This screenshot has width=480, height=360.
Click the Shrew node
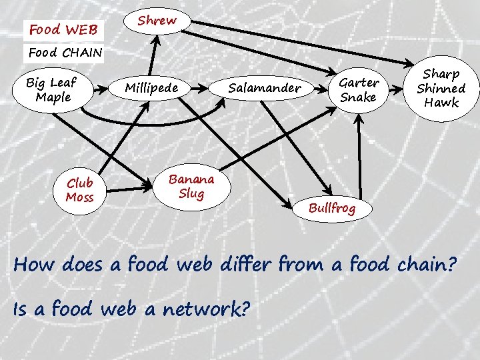pyautogui.click(x=157, y=21)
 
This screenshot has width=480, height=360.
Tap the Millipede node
pyautogui.click(x=151, y=89)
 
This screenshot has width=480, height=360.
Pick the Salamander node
pyautogui.click(x=265, y=88)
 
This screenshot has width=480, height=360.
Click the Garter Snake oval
pyautogui.click(x=359, y=90)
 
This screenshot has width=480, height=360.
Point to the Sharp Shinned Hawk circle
pyautogui.click(x=441, y=88)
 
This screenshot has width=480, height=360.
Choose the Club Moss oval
pyautogui.click(x=80, y=190)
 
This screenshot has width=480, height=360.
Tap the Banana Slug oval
pyautogui.click(x=191, y=186)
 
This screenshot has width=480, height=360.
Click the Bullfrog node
pyautogui.click(x=332, y=208)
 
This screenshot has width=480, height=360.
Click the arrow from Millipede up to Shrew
pyautogui.click(x=157, y=57)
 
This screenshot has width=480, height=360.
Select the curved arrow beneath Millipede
pyautogui.click(x=153, y=121)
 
